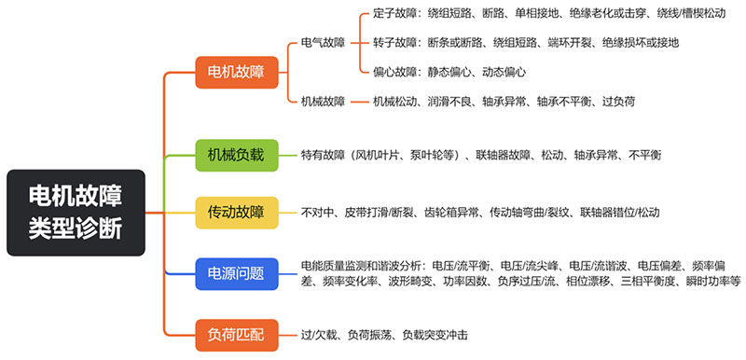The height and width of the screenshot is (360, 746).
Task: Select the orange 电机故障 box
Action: click(230, 72)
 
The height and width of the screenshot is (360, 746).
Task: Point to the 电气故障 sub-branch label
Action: click(323, 43)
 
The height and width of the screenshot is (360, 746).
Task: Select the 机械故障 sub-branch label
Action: click(323, 101)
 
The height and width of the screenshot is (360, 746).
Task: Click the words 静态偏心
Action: click(451, 72)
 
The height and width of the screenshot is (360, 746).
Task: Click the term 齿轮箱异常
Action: click(452, 213)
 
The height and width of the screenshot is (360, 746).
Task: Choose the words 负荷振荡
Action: click(368, 333)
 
